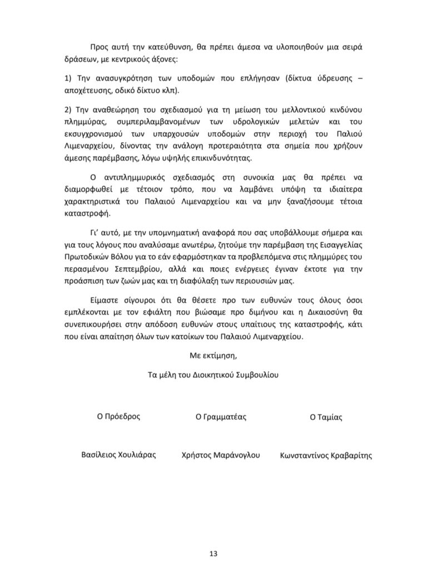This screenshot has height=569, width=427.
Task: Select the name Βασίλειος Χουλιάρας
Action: coord(118,454)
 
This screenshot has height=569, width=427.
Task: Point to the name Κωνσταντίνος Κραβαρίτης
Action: coord(326,455)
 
